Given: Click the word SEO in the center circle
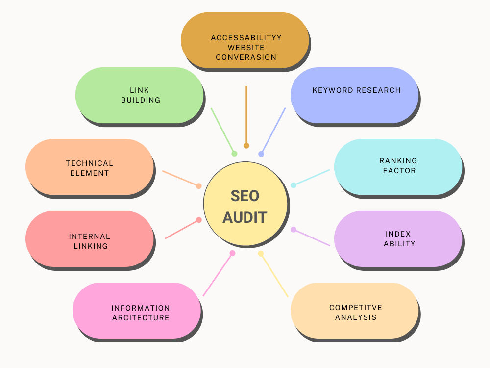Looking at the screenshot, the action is pos(245,196).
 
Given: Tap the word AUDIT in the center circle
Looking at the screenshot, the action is pos(245,217).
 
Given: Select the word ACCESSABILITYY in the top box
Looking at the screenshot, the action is pos(246,38).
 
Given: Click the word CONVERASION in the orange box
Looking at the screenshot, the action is pos(246,57).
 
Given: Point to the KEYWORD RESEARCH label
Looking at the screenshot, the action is pos(357,90).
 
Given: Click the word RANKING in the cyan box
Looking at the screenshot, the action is pos(398,161).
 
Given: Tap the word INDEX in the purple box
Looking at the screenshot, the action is pos(398,234).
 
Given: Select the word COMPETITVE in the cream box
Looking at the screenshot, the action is pos(356,308).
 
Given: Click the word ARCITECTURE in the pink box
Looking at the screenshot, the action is pos(141,318).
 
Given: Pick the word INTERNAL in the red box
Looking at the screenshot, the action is pos(90,237).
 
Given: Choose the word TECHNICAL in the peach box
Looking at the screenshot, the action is pos(90,163).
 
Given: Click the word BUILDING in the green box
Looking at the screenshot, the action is pos(141,100).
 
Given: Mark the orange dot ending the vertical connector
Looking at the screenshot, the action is pos(246,146).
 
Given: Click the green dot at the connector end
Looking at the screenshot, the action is pos(234,154).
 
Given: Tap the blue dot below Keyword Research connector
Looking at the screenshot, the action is pos(261,154).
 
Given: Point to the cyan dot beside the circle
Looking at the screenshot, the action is pos(294,185).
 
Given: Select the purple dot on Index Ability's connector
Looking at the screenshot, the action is pos(294,229).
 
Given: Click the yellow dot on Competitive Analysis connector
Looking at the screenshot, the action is pos(261,254).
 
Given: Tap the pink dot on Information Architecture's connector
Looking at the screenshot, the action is pos(232,253).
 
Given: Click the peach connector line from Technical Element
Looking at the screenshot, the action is pos(180,179).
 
